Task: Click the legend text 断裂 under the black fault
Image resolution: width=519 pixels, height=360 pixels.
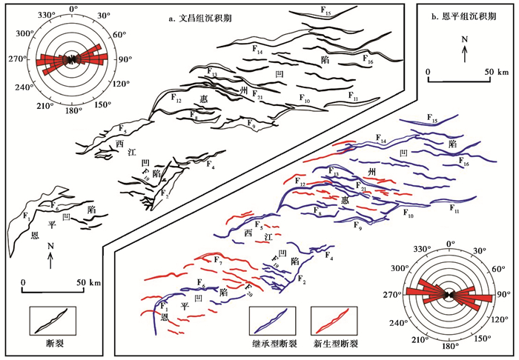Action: (x=48, y=343)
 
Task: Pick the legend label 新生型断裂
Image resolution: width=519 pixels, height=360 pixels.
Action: (x=337, y=344)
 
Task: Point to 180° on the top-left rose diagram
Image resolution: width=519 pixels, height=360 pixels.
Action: (x=72, y=111)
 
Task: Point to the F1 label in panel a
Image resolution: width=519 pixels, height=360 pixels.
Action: (x=27, y=218)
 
